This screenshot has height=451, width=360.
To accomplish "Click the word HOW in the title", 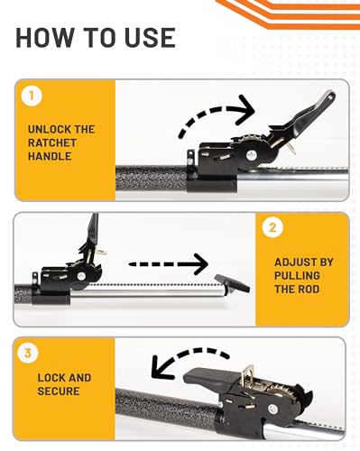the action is pos(45,38).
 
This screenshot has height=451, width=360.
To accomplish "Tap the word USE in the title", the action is pos(150,38).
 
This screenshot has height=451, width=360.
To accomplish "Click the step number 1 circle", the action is pos(32,97).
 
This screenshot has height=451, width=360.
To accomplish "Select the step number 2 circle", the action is pos(272,227).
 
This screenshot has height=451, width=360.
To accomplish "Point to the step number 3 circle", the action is pos(28,353).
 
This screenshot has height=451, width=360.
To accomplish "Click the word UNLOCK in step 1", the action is pos(47,129).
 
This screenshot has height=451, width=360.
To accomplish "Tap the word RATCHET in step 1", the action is pos(52,143).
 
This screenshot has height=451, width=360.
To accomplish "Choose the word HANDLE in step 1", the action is pos(50,156).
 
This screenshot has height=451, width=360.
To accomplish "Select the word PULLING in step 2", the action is pos(297,276).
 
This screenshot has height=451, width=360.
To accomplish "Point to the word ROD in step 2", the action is pos(308,290).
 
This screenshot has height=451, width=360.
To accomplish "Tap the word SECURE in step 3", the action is pos(59,391).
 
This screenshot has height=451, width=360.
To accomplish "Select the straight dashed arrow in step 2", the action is pos(169,264).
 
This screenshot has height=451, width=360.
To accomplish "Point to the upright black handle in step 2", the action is pos(92,232).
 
